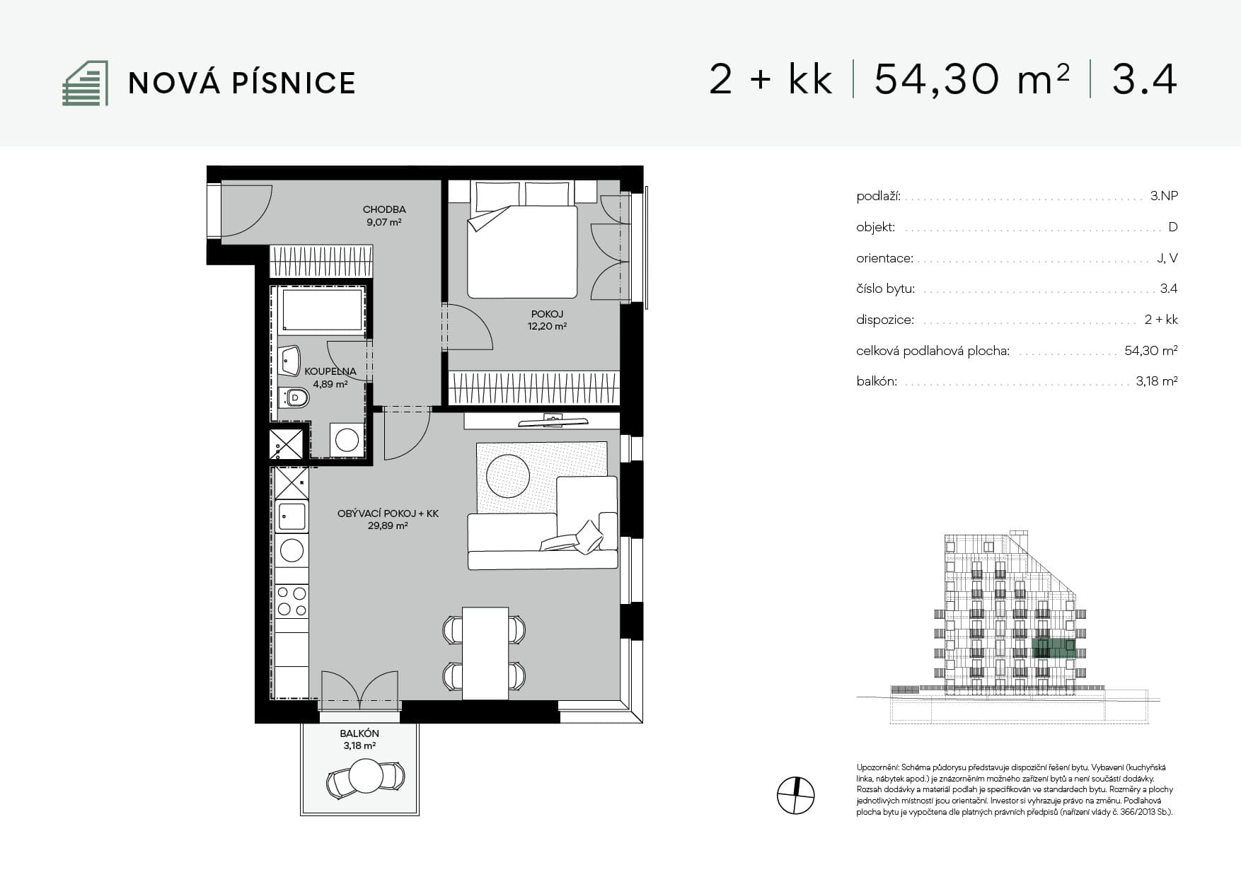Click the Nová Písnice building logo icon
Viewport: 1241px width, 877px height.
point(86,83)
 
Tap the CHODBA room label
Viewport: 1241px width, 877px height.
point(384,209)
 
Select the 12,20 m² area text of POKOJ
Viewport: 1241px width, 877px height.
point(547,327)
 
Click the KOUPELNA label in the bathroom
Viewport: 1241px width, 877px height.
point(330,371)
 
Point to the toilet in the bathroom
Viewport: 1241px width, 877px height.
point(294,398)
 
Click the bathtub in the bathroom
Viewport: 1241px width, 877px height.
point(321,309)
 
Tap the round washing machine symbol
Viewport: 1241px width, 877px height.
point(347,440)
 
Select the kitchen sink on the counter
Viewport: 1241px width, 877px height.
point(292,516)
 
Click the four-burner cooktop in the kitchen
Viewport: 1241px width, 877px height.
point(292,600)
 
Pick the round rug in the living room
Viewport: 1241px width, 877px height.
point(507,475)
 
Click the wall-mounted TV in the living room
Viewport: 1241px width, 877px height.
point(553,422)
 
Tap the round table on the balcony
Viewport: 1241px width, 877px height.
point(366,777)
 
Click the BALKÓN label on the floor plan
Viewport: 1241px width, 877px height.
point(359,734)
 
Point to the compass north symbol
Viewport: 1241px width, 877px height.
point(796,796)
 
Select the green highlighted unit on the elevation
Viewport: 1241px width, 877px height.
point(1054,648)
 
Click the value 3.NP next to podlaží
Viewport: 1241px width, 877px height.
point(1164,196)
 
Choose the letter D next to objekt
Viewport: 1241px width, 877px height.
point(1173,227)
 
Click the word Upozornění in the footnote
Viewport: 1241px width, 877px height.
point(877,767)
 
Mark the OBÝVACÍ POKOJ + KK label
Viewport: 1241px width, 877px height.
point(388,513)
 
